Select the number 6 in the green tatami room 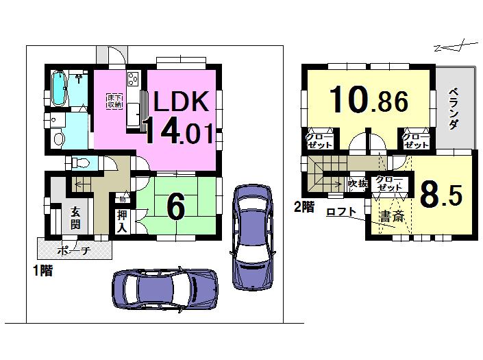pos(176,208)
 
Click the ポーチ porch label pos(74,250)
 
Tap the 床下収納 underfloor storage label pos(114,101)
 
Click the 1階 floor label pos(41,271)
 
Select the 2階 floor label pos(304,206)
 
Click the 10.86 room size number pos(369,101)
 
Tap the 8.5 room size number pos(441,195)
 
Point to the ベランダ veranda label pos(454,109)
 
